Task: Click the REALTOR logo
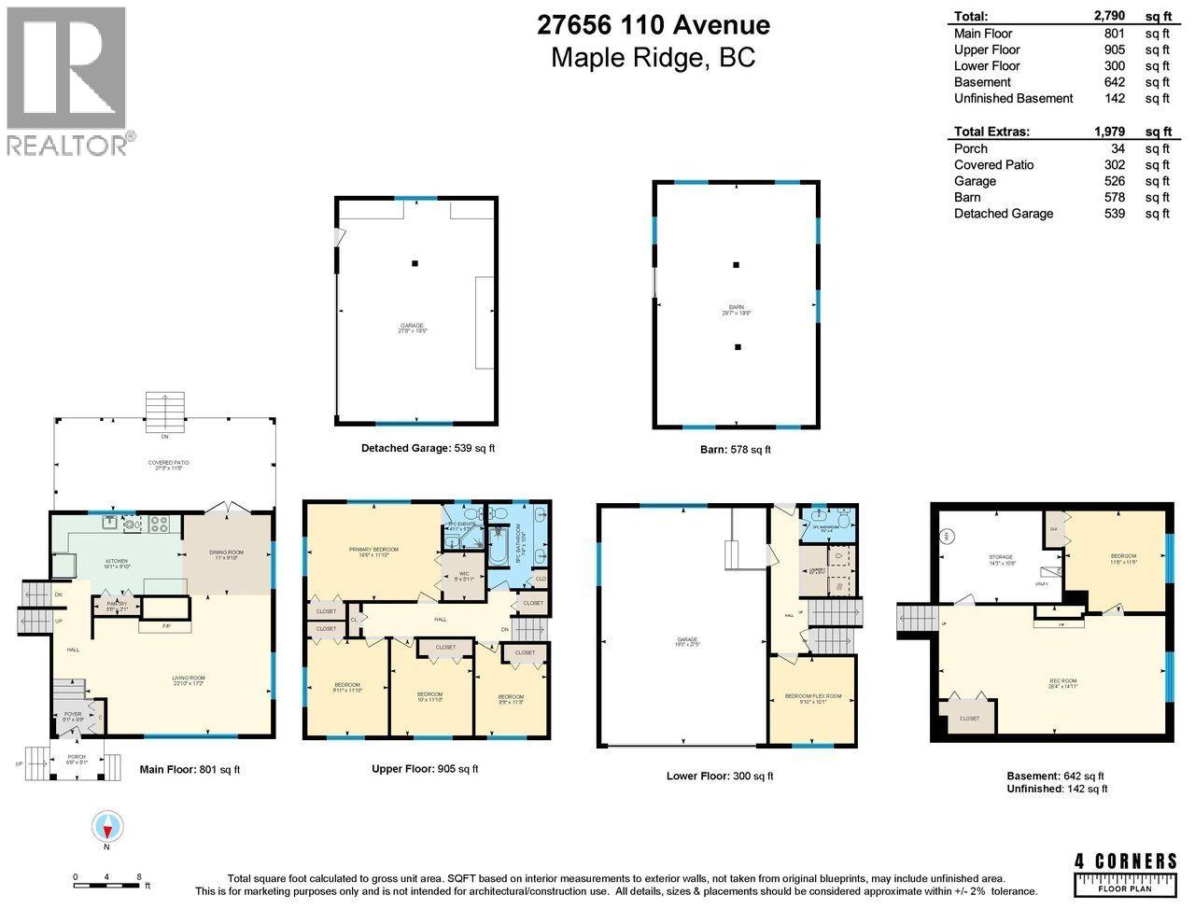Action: [x=67, y=80]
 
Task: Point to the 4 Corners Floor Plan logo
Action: [x=1125, y=874]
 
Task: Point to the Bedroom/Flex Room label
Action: [x=810, y=700]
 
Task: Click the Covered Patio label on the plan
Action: [x=164, y=463]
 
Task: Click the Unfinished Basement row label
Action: [x=1013, y=98]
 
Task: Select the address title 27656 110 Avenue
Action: [x=653, y=24]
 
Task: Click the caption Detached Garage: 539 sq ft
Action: [x=428, y=448]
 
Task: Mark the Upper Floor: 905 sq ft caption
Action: [x=425, y=769]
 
